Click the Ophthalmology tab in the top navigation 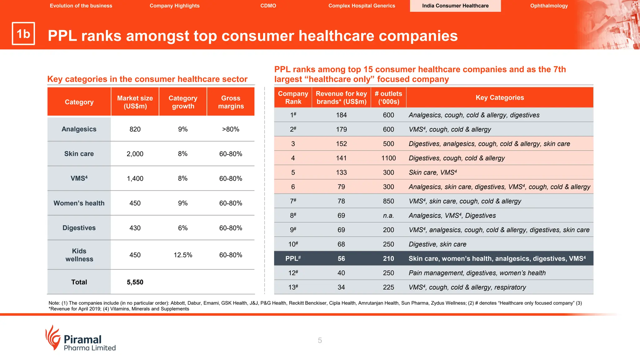[x=549, y=6]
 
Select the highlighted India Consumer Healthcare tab [x=455, y=6]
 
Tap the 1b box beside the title [x=23, y=34]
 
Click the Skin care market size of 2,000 [x=135, y=154]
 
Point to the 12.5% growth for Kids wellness [x=183, y=255]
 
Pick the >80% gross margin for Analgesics [x=231, y=129]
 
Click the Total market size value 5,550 [x=135, y=282]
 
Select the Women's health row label [x=79, y=203]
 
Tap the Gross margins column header [x=231, y=102]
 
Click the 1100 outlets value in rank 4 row [x=388, y=158]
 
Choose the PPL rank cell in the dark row [x=293, y=258]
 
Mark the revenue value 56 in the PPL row [x=341, y=258]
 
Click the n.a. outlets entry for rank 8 [x=388, y=216]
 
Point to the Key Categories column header [x=499, y=97]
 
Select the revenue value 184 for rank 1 [x=341, y=115]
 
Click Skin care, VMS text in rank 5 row [x=432, y=172]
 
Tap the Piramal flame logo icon [x=52, y=337]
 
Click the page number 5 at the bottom [x=320, y=340]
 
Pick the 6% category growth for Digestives [x=183, y=228]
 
